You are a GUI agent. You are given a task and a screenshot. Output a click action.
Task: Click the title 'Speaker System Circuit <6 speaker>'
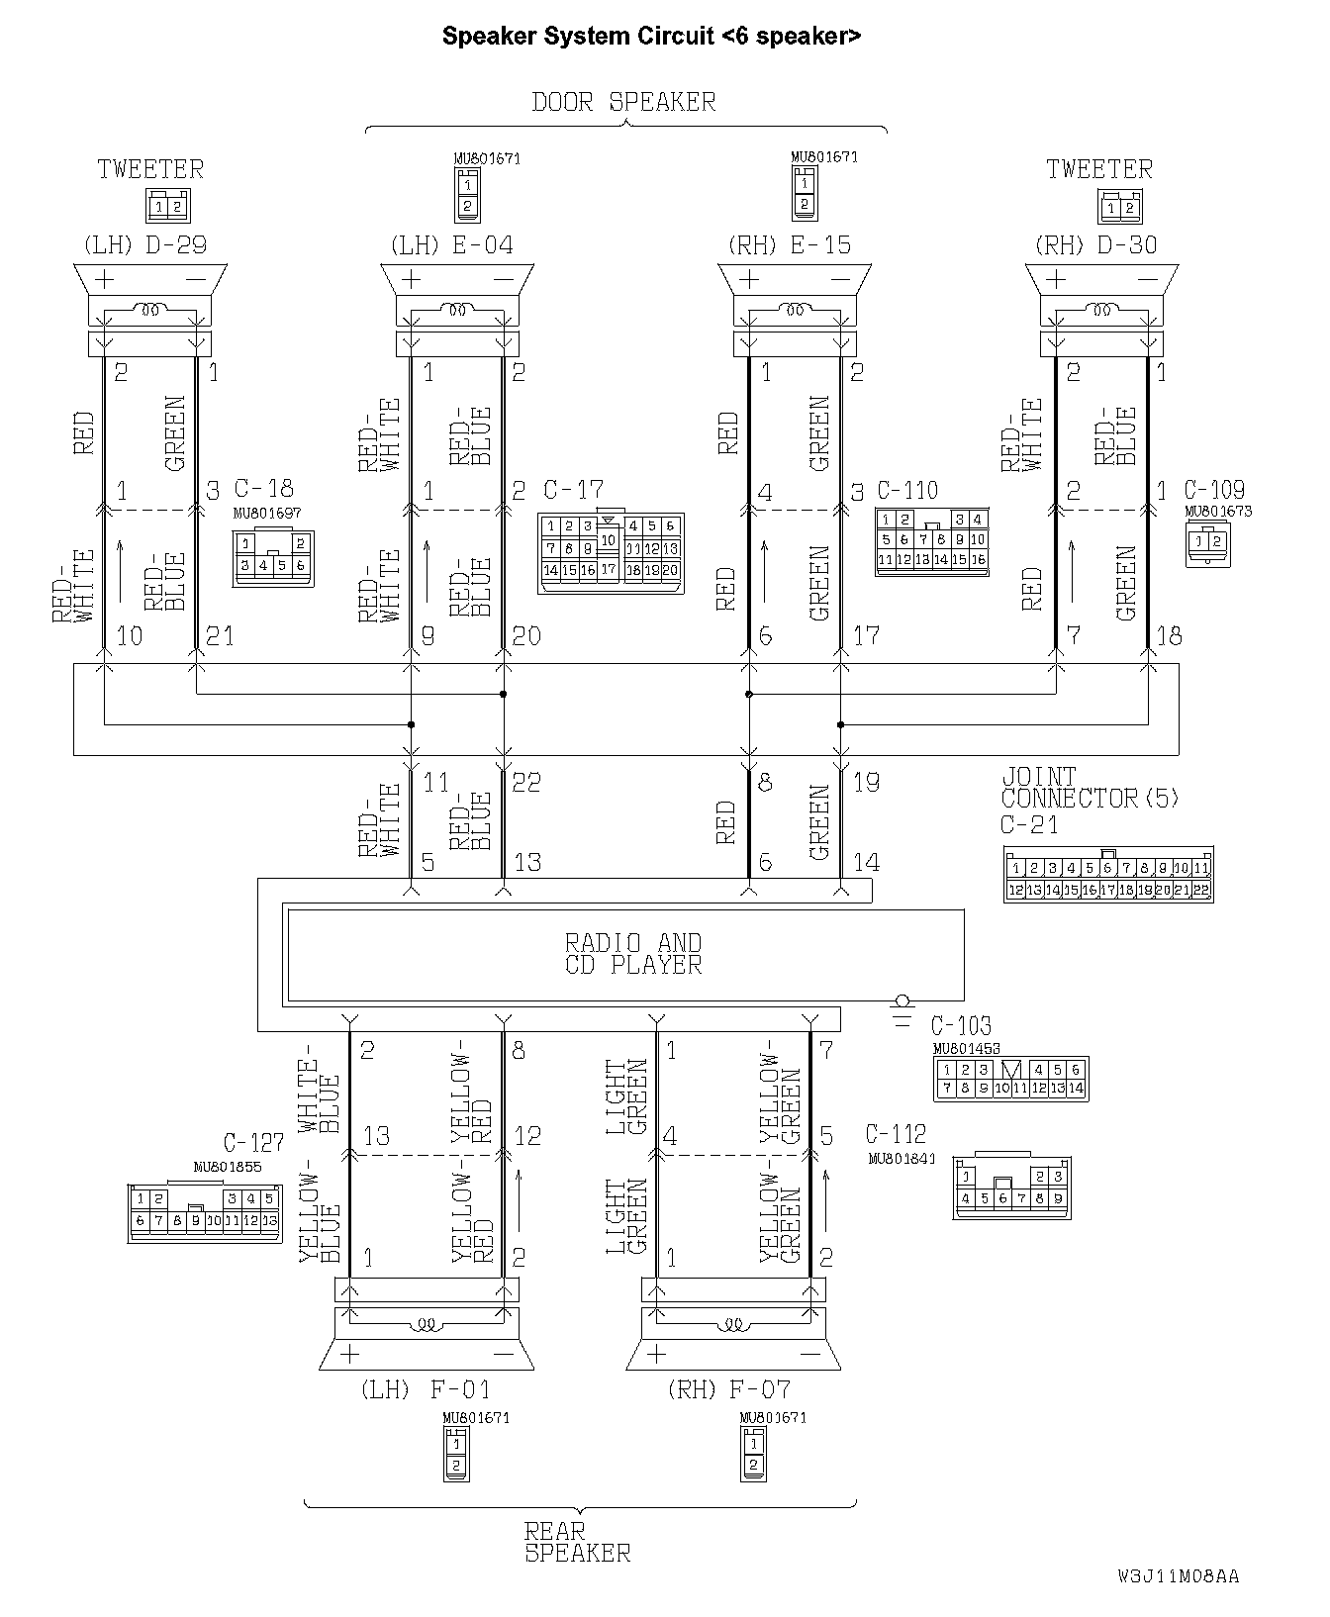(x=651, y=37)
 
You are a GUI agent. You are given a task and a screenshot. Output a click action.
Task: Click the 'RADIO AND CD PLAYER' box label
(x=633, y=954)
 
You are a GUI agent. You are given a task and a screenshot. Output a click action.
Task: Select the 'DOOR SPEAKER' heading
(x=623, y=102)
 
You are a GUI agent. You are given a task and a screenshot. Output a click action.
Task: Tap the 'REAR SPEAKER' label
(x=577, y=1543)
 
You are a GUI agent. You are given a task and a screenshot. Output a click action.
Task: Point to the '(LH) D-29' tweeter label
(x=151, y=244)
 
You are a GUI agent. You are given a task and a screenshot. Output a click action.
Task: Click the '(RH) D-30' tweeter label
(x=1095, y=244)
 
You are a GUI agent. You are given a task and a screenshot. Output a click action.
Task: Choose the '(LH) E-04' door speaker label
(x=452, y=244)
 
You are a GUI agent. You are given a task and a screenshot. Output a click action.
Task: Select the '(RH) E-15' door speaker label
(x=789, y=244)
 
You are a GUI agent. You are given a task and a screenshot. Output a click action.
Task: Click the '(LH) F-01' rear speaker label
(x=425, y=1389)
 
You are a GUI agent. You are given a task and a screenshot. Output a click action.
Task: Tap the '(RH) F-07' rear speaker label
(x=729, y=1389)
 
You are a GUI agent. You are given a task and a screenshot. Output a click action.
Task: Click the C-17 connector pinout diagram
(x=611, y=553)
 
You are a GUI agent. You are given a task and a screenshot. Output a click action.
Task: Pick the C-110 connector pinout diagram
(x=931, y=543)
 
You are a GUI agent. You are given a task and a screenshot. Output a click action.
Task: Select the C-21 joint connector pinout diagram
(x=1108, y=875)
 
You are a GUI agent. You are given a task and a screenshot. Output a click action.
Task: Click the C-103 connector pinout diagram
(x=1010, y=1079)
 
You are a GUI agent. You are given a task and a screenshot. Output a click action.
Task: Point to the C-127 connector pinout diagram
(x=204, y=1211)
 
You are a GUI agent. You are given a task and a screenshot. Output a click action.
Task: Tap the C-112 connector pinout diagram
(x=1011, y=1187)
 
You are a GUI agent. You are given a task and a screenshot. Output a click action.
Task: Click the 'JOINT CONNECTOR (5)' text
(x=1090, y=788)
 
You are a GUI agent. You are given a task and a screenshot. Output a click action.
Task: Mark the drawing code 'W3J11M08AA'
(x=1178, y=1576)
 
